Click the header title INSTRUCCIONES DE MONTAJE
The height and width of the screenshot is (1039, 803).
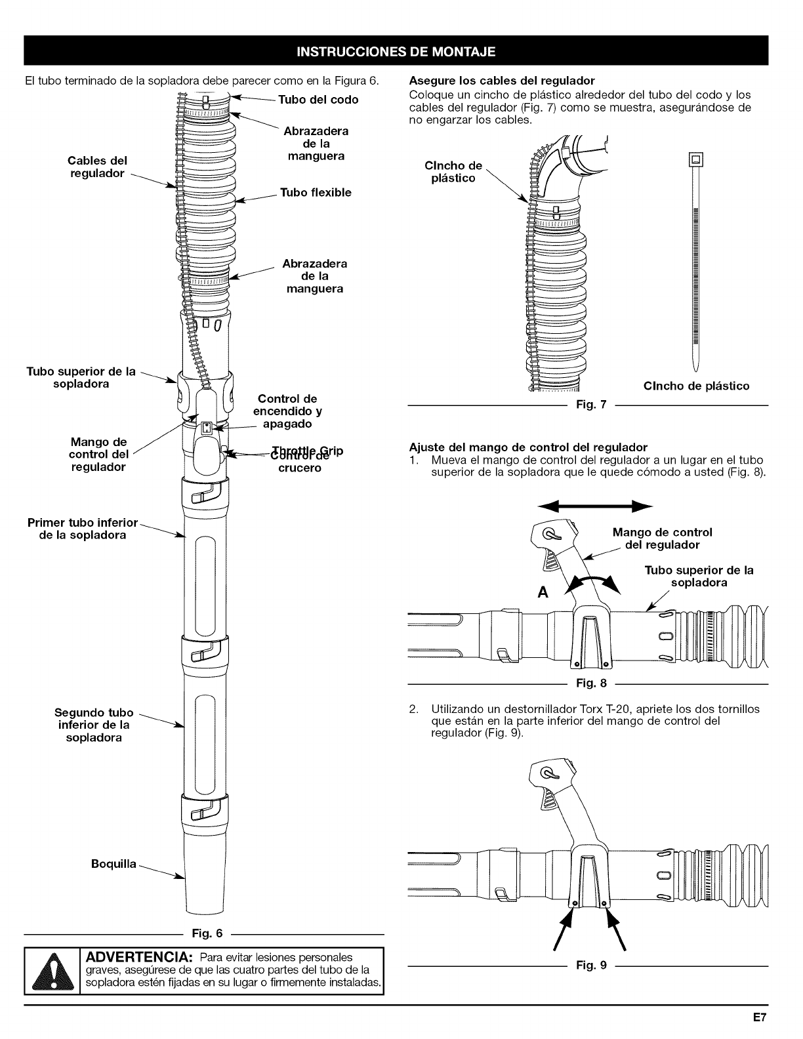[396, 51]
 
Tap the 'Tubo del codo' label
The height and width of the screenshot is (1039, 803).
[318, 100]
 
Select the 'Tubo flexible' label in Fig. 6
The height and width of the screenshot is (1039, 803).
[316, 192]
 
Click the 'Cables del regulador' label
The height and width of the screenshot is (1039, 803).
[97, 167]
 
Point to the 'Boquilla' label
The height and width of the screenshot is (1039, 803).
[113, 864]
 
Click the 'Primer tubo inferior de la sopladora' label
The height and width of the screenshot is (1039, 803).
[83, 529]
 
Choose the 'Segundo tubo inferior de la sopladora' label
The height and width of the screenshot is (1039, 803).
[94, 725]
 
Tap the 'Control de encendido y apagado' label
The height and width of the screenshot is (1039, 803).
[287, 411]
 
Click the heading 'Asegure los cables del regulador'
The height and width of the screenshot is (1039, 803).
[501, 81]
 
